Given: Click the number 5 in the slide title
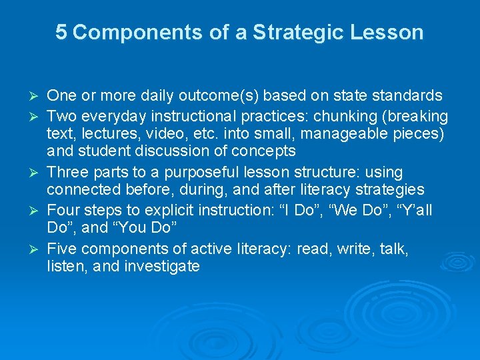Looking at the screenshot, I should (x=61, y=32).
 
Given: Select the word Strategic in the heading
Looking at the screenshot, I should (x=287, y=32).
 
